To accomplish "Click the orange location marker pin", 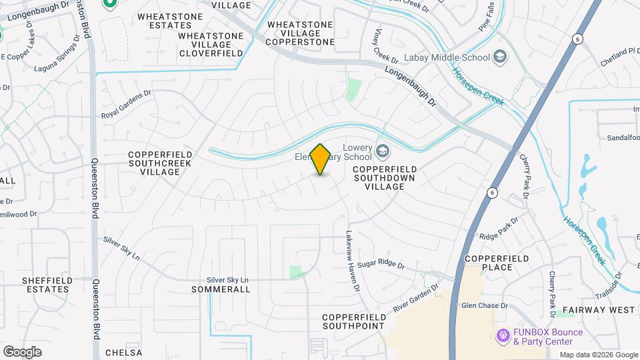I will (321, 159).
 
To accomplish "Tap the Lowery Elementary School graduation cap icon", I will (383, 151).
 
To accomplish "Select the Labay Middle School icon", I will (500, 57).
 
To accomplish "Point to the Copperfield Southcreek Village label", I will (160, 163).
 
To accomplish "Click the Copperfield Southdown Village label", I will (385, 178).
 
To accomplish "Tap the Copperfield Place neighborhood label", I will (497, 263).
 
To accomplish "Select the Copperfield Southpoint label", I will (353, 321).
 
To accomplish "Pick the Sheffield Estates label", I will (46, 285).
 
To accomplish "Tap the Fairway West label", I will (598, 310).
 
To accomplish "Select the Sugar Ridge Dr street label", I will (381, 265).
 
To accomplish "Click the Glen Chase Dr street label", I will (485, 305).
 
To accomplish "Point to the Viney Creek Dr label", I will (385, 49).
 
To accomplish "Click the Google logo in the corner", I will (22, 351).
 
